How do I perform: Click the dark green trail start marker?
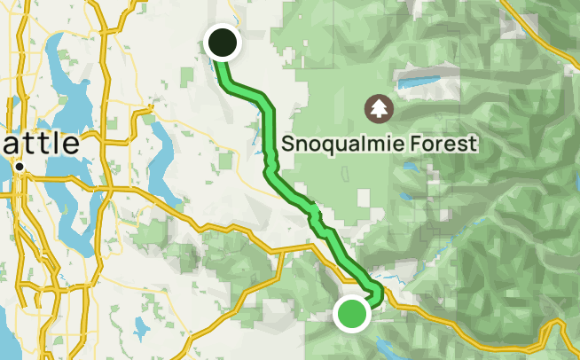pyautogui.click(x=223, y=43)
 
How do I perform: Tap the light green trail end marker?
pyautogui.click(x=352, y=314)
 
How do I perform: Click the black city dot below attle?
pyautogui.click(x=19, y=167)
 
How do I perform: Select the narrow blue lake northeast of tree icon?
pyautogui.click(x=427, y=84)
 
